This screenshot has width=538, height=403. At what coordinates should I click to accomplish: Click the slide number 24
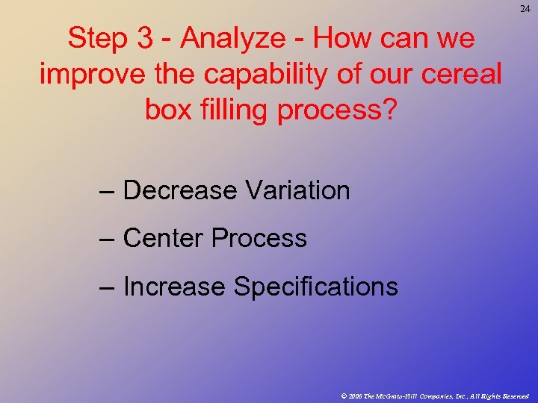click(525, 8)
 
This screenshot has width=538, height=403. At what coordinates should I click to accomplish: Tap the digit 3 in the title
click(145, 39)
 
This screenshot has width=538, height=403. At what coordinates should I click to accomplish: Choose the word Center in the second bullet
click(164, 238)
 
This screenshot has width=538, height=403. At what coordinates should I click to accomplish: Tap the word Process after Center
click(259, 239)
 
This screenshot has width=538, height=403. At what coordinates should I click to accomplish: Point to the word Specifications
click(316, 287)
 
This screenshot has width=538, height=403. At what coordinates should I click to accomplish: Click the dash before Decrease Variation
click(106, 192)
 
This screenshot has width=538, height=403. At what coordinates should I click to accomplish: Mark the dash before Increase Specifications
click(106, 287)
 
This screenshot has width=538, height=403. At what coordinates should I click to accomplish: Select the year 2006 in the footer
click(355, 396)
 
